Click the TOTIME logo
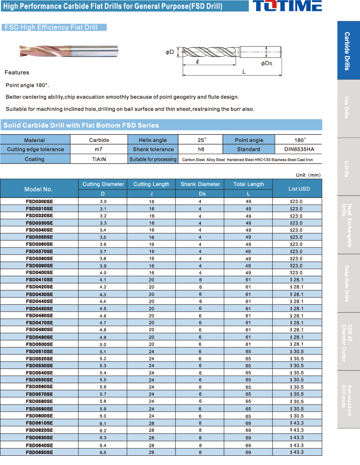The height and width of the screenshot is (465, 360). pos(287,6)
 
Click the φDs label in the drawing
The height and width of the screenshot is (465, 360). pos(267,63)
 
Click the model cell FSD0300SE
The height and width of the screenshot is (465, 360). pos(39,201)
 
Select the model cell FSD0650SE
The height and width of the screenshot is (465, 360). pos(39,452)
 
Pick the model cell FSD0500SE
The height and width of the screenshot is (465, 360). pos(39,344)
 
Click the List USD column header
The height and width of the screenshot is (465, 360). pos(299,189)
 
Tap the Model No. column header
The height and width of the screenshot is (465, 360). pos(39,189)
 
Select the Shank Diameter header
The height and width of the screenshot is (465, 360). pos(200,184)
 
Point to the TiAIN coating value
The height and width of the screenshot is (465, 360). pos(99,159)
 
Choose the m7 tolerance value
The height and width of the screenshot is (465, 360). pos(99,149)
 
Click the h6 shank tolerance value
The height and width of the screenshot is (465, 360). pos(201,149)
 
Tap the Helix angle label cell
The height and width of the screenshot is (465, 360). pos(153,140)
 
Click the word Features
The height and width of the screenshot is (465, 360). pos(17,73)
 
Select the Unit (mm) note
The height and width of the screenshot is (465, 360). pos(308,175)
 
